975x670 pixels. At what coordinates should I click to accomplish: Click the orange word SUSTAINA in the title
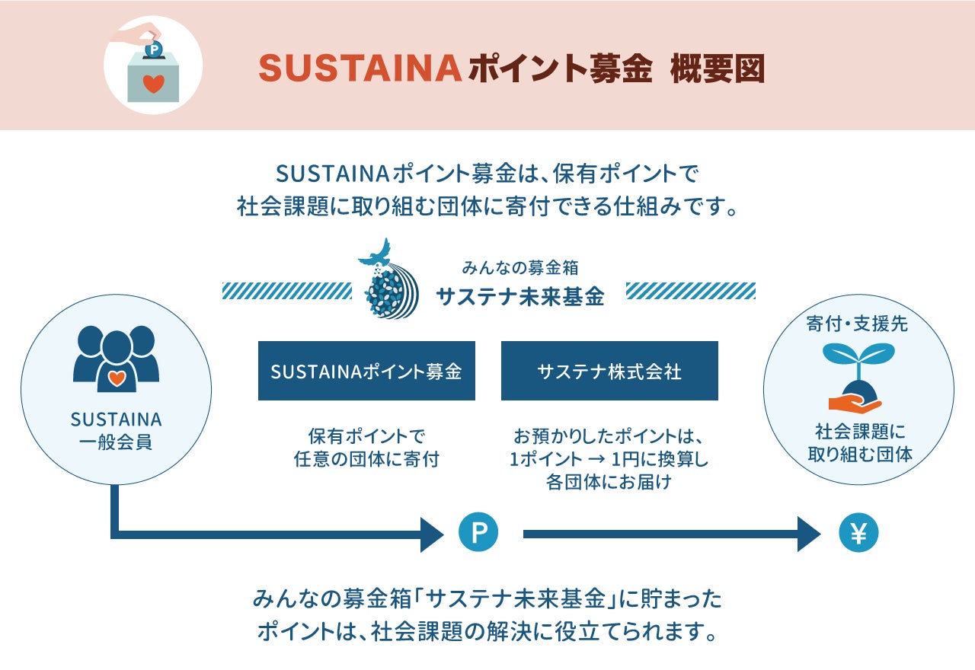(360, 69)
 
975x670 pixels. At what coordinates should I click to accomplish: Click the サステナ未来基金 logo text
(520, 297)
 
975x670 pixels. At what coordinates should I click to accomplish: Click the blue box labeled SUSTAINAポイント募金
(366, 371)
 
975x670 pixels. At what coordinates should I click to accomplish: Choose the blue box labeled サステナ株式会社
(609, 371)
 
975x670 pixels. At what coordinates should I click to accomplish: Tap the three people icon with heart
(116, 359)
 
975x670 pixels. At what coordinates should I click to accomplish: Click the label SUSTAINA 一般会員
(116, 431)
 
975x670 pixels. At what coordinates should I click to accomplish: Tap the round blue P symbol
(478, 533)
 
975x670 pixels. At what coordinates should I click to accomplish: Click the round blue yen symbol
(858, 533)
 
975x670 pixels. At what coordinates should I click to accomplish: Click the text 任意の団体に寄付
(366, 459)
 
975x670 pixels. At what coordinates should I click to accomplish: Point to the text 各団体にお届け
(609, 482)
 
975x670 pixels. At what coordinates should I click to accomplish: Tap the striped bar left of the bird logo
(286, 290)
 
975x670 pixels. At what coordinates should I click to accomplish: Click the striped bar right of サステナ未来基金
(691, 290)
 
